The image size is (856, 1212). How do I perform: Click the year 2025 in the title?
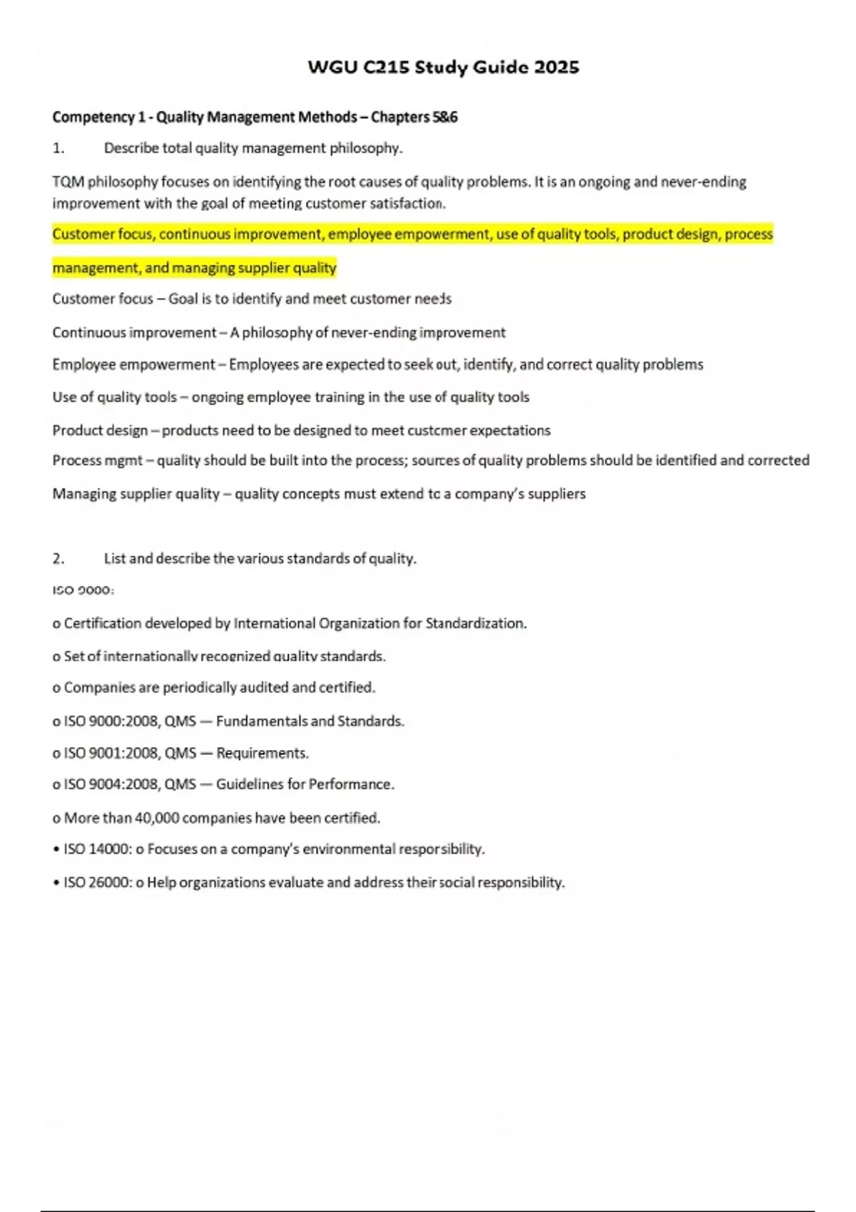(x=556, y=68)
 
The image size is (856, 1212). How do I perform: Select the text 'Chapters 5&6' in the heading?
(x=414, y=117)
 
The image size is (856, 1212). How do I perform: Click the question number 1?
(x=58, y=148)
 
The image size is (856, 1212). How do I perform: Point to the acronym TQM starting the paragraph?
(x=68, y=182)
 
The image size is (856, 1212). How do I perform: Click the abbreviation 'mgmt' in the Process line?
(x=123, y=461)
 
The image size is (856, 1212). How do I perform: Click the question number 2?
(x=58, y=559)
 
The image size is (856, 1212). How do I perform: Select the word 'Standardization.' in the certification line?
(x=476, y=624)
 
